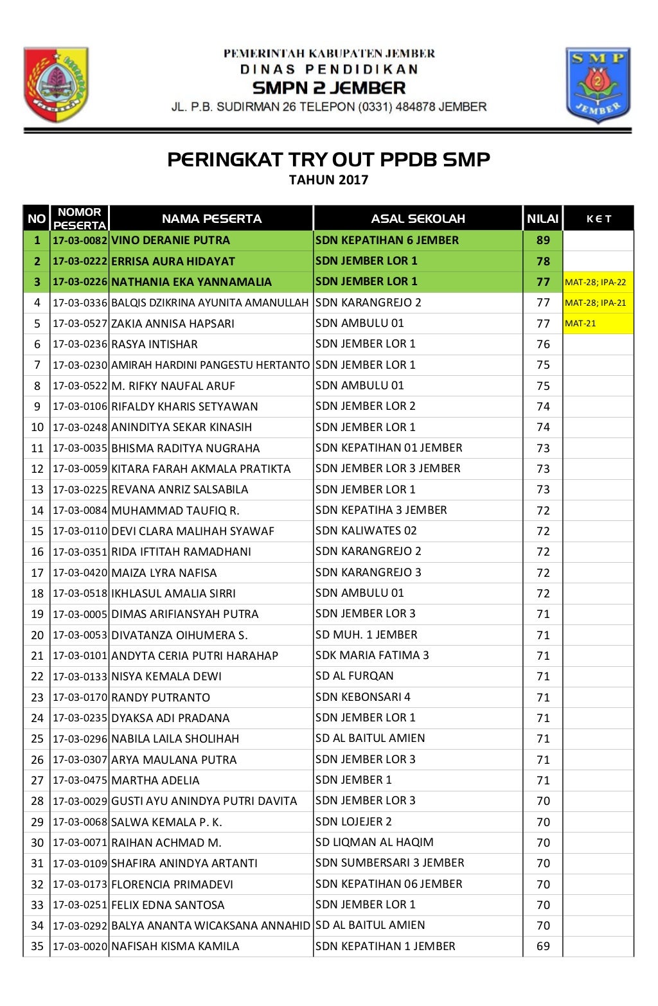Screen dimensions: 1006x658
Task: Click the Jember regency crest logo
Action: tap(56, 84)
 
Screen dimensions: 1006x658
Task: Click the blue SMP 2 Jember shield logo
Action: tap(598, 85)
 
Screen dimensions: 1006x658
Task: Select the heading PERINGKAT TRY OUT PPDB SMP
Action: tap(328, 159)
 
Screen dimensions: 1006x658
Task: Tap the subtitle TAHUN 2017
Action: tap(328, 180)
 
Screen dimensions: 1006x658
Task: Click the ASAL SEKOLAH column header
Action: tap(418, 218)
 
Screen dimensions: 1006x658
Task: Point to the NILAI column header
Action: tap(542, 218)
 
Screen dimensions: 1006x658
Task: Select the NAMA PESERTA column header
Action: tap(211, 218)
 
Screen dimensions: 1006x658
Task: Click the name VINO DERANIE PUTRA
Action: tap(170, 240)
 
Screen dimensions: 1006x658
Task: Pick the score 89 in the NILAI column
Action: tap(543, 240)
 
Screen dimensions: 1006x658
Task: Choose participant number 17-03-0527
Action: tap(80, 323)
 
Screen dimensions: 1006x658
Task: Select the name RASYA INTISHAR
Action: tap(154, 344)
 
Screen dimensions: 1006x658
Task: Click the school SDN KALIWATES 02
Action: tap(366, 531)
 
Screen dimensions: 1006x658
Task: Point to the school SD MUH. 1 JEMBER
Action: tap(366, 635)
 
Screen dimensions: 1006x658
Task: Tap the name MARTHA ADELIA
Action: tap(156, 781)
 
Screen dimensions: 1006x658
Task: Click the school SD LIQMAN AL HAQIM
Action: tap(374, 842)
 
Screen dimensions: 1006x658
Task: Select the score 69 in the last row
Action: tap(543, 946)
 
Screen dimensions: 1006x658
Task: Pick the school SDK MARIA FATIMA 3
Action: tap(372, 655)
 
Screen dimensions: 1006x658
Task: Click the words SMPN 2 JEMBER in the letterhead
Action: tap(328, 88)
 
